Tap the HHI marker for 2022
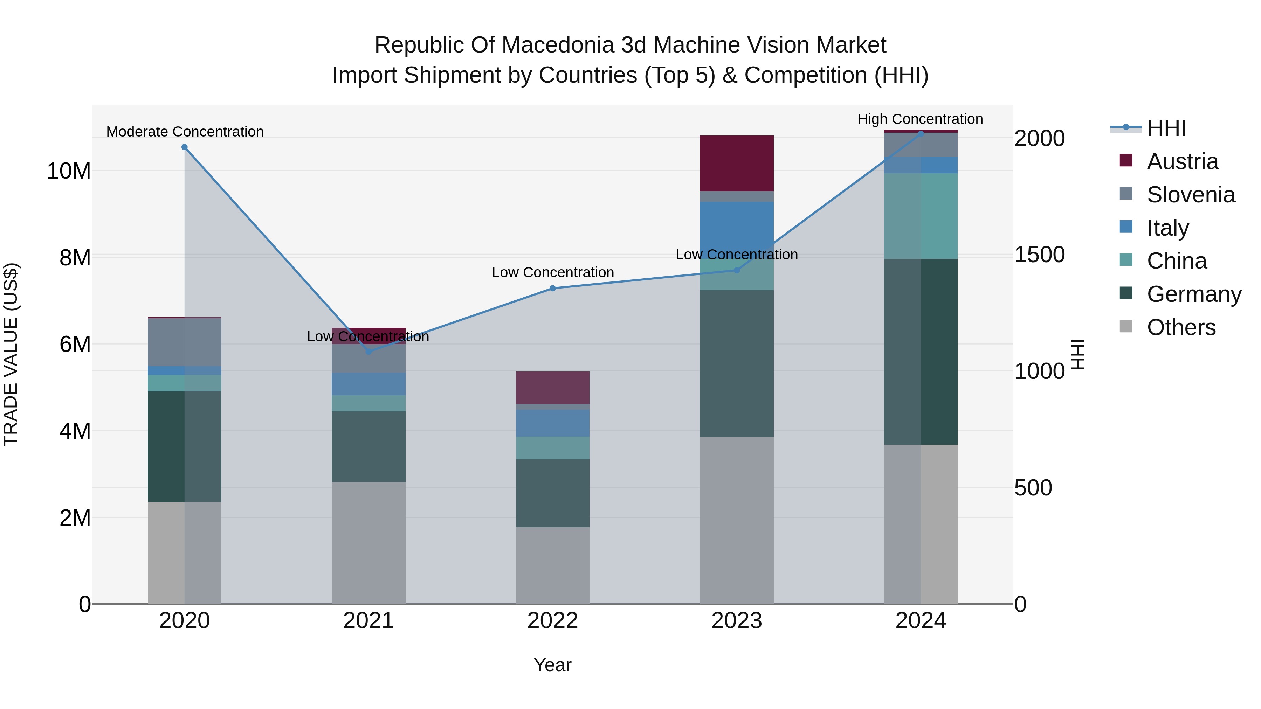point(553,288)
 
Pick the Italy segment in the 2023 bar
point(737,225)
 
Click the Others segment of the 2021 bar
point(368,543)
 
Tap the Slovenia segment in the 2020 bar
point(185,341)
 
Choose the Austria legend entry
point(1182,161)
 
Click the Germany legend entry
point(1193,294)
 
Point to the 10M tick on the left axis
point(69,171)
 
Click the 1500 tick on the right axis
point(1039,255)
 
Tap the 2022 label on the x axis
point(553,621)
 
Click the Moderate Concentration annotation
point(185,132)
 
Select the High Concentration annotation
point(920,119)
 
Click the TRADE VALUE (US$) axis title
point(11,354)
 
